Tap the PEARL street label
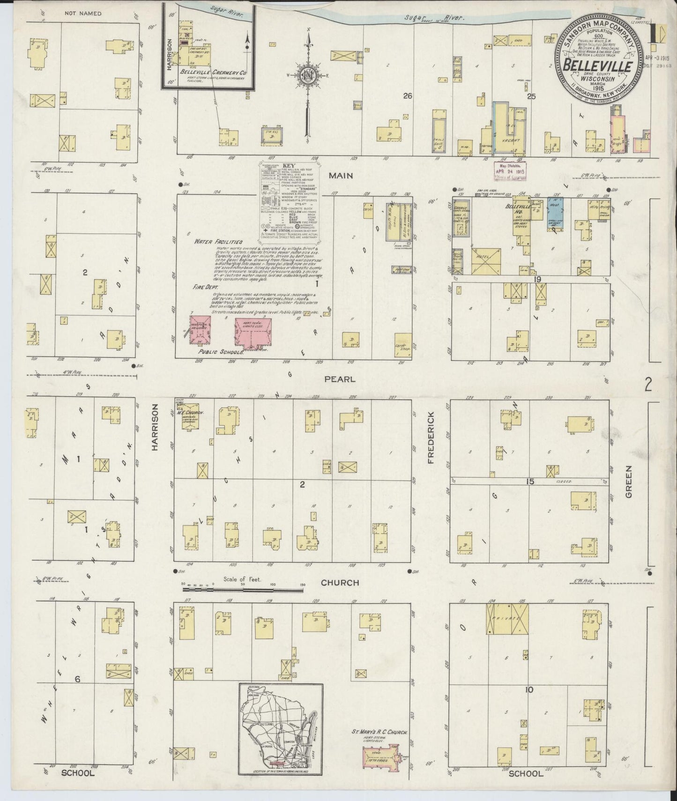click(x=340, y=379)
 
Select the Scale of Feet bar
click(x=243, y=585)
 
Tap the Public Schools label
click(x=221, y=351)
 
